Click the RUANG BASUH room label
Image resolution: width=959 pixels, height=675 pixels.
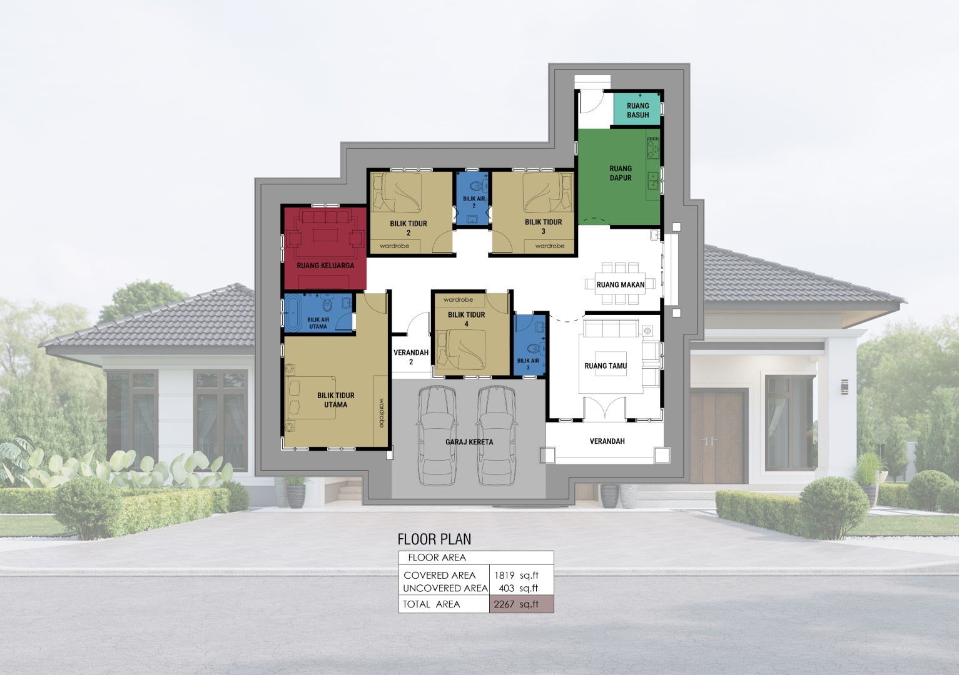pyautogui.click(x=638, y=111)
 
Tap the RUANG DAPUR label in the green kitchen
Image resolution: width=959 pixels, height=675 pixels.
pyautogui.click(x=621, y=173)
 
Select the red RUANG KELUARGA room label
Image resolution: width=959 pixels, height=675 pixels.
pyautogui.click(x=325, y=266)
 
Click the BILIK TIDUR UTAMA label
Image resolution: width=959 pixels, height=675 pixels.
pyautogui.click(x=336, y=400)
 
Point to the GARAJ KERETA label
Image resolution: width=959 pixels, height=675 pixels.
pyautogui.click(x=469, y=442)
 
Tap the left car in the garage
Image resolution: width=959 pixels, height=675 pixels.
pyautogui.click(x=437, y=436)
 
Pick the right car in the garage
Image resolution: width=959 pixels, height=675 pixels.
pyautogui.click(x=497, y=436)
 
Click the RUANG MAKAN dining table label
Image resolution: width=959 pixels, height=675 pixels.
pyautogui.click(x=621, y=285)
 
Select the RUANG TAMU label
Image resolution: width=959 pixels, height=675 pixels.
pyautogui.click(x=606, y=366)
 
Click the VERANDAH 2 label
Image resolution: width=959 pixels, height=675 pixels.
pyautogui.click(x=411, y=357)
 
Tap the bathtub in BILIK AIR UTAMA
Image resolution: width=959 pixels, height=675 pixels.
pyautogui.click(x=293, y=312)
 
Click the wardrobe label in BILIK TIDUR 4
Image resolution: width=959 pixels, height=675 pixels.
pyautogui.click(x=458, y=300)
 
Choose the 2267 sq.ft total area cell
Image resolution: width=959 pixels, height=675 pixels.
pyautogui.click(x=521, y=604)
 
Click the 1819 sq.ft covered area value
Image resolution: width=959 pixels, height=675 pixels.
pyautogui.click(x=516, y=576)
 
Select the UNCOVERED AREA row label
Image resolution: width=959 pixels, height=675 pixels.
pyautogui.click(x=445, y=589)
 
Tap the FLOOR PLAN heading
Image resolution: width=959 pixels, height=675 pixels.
pyautogui.click(x=434, y=539)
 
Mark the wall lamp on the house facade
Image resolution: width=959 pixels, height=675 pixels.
pyautogui.click(x=845, y=387)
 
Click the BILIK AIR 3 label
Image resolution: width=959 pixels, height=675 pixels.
pyautogui.click(x=528, y=364)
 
